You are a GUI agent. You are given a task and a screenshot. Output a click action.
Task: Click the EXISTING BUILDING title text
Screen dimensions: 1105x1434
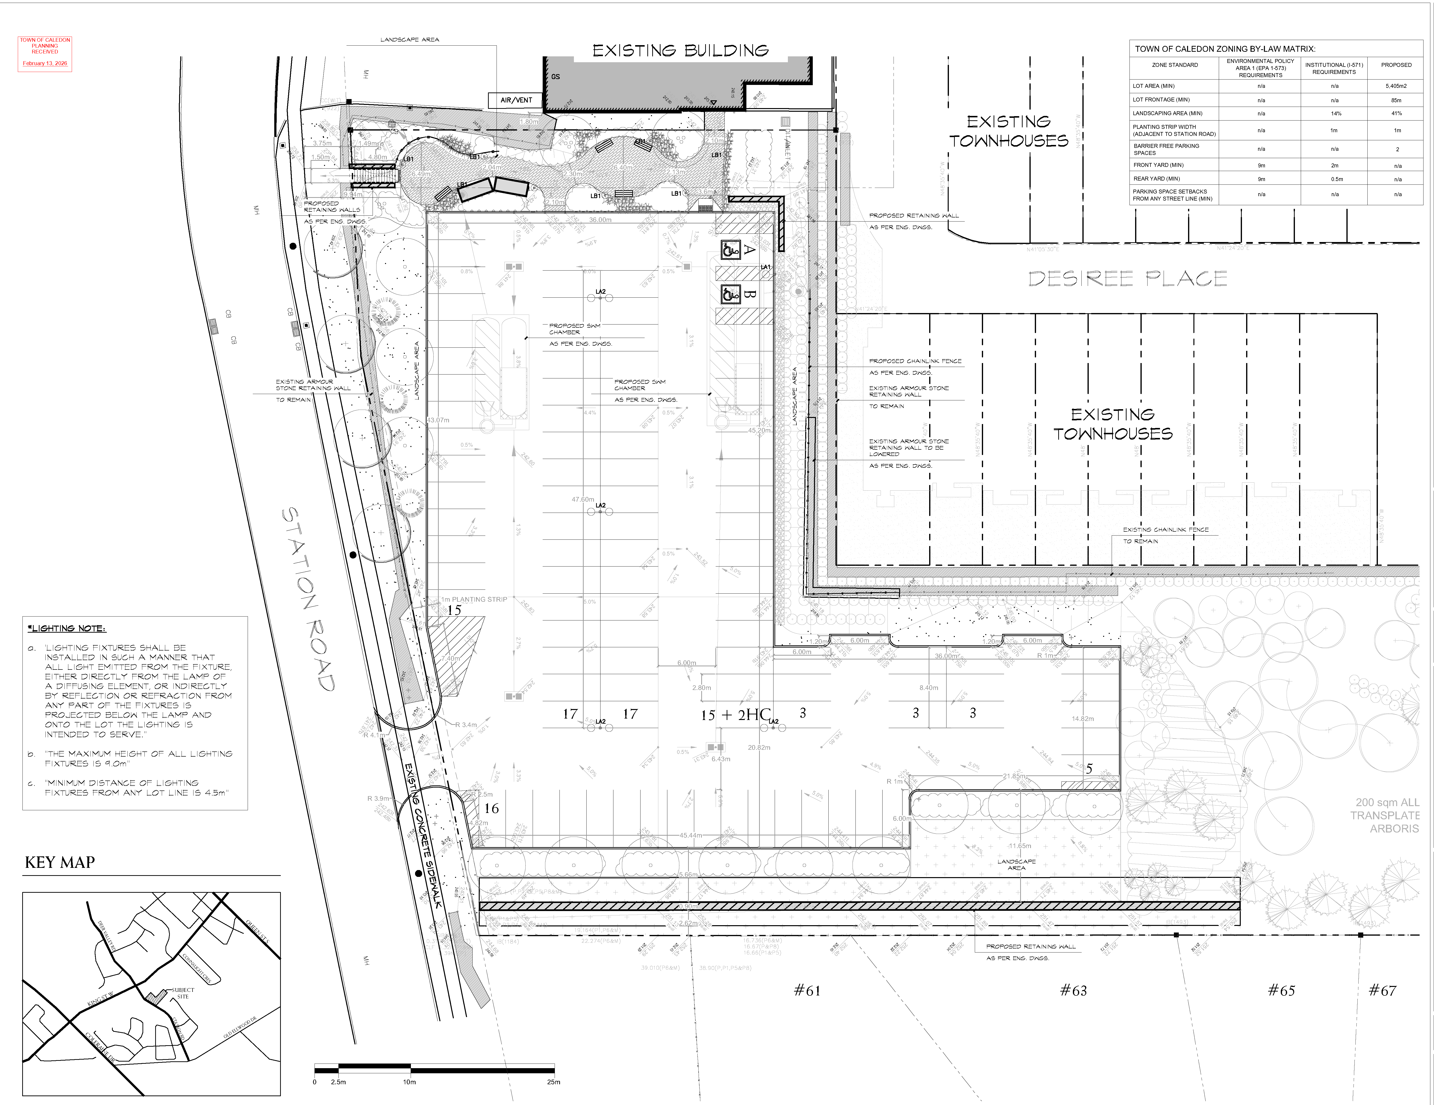(x=680, y=51)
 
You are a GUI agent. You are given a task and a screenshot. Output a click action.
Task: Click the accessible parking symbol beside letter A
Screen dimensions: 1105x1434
(x=731, y=250)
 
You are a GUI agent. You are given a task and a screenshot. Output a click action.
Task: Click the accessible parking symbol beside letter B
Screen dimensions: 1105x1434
(x=731, y=294)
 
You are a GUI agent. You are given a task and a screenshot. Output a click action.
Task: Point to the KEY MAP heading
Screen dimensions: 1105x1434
(x=60, y=862)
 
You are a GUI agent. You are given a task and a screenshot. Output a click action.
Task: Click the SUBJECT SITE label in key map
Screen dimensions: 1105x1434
(x=183, y=993)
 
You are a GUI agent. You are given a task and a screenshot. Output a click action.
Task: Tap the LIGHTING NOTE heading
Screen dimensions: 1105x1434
(x=66, y=628)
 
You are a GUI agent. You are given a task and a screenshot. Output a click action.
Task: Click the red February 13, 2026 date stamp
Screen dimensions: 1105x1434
(x=45, y=64)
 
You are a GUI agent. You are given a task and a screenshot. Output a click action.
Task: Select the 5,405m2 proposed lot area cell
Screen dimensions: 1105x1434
(x=1396, y=86)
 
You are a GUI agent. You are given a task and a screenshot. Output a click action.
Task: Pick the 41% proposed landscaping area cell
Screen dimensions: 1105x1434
(x=1396, y=114)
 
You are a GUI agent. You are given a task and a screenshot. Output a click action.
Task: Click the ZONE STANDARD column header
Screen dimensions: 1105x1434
(x=1175, y=65)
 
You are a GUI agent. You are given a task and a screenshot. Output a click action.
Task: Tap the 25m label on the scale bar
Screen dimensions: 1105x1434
(x=553, y=1082)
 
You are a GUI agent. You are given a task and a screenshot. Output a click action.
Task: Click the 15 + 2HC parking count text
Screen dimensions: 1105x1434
(x=735, y=715)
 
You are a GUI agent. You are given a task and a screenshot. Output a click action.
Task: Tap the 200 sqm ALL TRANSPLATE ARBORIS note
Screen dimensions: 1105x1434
(x=1386, y=815)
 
